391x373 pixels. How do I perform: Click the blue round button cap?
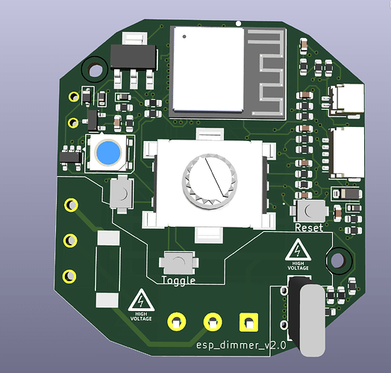coord(108,153)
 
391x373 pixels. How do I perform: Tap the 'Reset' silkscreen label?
coord(309,228)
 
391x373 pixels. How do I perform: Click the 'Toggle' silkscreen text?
coord(178,280)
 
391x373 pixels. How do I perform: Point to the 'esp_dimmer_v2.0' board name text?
coord(241,345)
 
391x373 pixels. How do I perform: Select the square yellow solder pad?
coord(248,322)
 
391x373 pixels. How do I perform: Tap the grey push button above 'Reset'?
coord(310,211)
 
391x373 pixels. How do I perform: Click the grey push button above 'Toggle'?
coord(178,263)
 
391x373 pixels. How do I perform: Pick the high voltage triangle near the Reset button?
coord(298,250)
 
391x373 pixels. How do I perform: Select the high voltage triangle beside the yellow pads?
coord(141,300)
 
